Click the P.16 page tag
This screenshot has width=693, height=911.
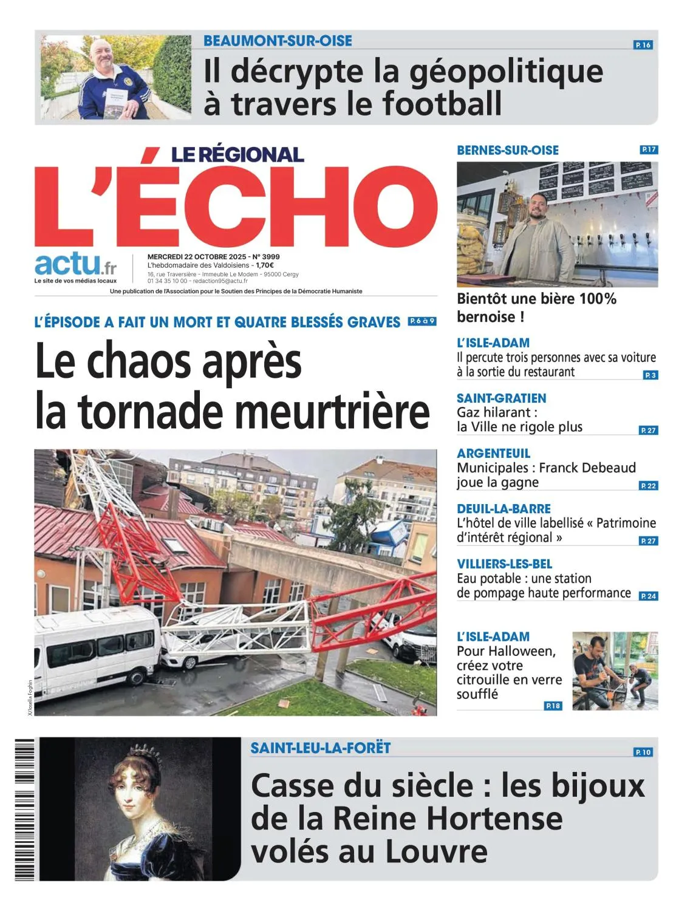click(x=643, y=45)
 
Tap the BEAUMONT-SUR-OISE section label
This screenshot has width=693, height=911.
click(x=278, y=41)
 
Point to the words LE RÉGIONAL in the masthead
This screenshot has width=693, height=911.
click(x=237, y=154)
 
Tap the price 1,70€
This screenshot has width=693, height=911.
click(x=264, y=265)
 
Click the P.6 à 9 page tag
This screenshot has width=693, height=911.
click(x=422, y=321)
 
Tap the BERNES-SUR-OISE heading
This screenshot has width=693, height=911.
click(x=508, y=150)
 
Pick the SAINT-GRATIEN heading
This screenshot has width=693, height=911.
click(x=501, y=398)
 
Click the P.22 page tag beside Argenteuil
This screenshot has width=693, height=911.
click(x=648, y=486)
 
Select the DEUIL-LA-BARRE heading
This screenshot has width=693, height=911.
click(x=504, y=509)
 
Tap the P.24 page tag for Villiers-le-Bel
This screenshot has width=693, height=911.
click(x=648, y=596)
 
